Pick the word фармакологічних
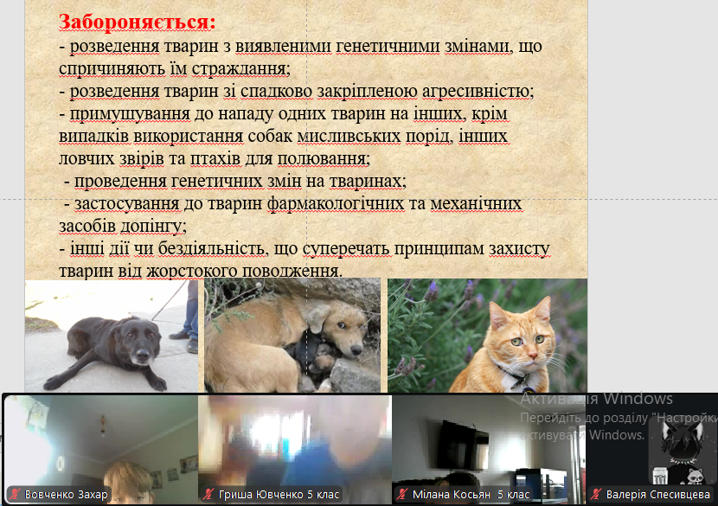click(x=336, y=204)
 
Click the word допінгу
click(x=151, y=227)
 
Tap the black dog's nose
click(x=142, y=355)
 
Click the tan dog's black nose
click(x=356, y=350)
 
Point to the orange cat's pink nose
click(x=531, y=355)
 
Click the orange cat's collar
click(x=513, y=375)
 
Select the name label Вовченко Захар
click(x=66, y=495)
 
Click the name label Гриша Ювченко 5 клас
click(x=279, y=495)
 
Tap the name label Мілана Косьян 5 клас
click(x=471, y=495)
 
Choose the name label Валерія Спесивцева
click(x=658, y=495)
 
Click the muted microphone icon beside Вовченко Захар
click(x=15, y=495)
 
